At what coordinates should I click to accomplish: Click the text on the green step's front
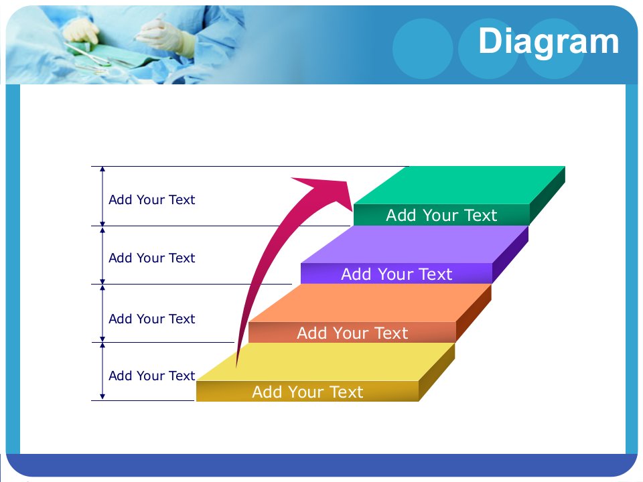tap(441, 215)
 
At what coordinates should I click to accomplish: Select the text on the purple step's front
tap(397, 274)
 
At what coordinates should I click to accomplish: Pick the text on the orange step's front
tap(352, 333)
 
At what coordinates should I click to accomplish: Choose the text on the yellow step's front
tap(307, 392)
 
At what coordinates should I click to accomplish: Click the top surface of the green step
tap(459, 185)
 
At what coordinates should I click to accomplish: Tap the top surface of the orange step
tap(370, 303)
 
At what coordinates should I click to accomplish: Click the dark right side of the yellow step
tap(437, 372)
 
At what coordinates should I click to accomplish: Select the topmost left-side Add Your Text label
tap(152, 199)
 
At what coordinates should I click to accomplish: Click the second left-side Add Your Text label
tap(152, 258)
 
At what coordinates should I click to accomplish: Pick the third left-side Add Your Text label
tap(152, 319)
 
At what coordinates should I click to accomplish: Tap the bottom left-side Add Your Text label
tap(152, 376)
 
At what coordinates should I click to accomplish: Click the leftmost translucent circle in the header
tap(423, 48)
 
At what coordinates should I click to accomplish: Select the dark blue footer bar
tap(321, 465)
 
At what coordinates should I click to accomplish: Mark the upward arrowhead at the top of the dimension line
tap(102, 169)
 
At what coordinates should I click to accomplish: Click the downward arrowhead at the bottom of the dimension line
tap(102, 397)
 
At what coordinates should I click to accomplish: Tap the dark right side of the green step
tap(547, 196)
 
